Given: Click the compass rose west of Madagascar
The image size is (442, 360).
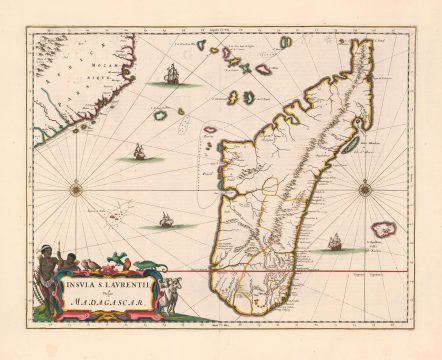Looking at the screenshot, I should (76, 185).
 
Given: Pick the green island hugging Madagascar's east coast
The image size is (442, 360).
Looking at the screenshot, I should (349, 145).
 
